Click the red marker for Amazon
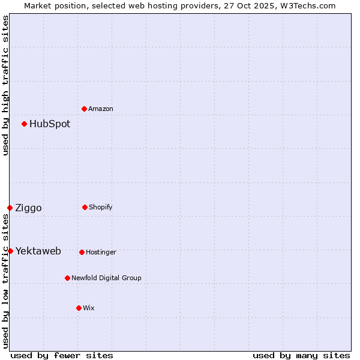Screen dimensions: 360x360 tap(84, 109)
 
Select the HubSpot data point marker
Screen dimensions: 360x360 tap(24, 124)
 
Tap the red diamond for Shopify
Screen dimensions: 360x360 tap(85, 207)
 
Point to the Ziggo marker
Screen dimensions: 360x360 tap(10, 208)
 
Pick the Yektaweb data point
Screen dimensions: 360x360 tap(10, 251)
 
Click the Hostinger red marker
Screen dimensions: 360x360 tap(82, 252)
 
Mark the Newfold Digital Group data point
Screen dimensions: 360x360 tap(67, 278)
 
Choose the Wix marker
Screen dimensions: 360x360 tap(79, 308)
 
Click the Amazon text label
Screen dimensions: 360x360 tap(101, 109)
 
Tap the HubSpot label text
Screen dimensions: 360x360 tap(50, 124)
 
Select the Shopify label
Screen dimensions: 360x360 tap(101, 207)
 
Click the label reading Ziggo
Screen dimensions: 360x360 tap(28, 208)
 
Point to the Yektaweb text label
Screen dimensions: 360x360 tap(38, 251)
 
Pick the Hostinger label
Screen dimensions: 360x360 tap(101, 252)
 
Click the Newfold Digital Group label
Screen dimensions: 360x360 tap(106, 278)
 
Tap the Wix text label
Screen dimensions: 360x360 tap(89, 308)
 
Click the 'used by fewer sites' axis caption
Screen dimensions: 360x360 tap(62, 356)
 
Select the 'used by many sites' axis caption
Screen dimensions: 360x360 tap(301, 356)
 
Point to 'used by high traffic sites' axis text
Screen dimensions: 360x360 tap(5, 86)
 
